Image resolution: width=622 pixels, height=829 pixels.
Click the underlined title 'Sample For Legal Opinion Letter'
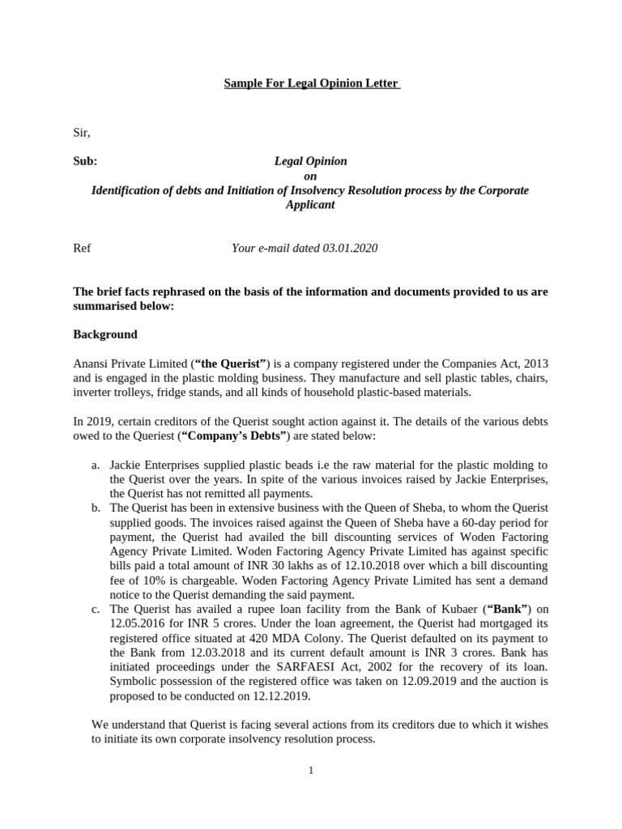pos(312,84)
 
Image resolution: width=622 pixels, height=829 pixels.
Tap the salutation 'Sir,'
pos(82,132)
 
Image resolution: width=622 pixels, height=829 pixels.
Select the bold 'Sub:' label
pos(85,161)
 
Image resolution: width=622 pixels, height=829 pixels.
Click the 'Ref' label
pos(82,248)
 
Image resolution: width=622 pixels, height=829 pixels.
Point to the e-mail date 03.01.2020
pos(350,248)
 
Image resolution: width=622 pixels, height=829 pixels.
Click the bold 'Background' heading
pos(105,334)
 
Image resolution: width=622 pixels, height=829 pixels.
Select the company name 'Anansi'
pos(91,364)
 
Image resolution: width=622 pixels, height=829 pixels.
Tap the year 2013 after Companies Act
pos(535,364)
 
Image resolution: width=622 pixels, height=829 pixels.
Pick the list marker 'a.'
pos(95,465)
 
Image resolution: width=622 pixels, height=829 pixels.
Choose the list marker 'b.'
pos(95,508)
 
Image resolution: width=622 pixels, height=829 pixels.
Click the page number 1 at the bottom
pos(310,770)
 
